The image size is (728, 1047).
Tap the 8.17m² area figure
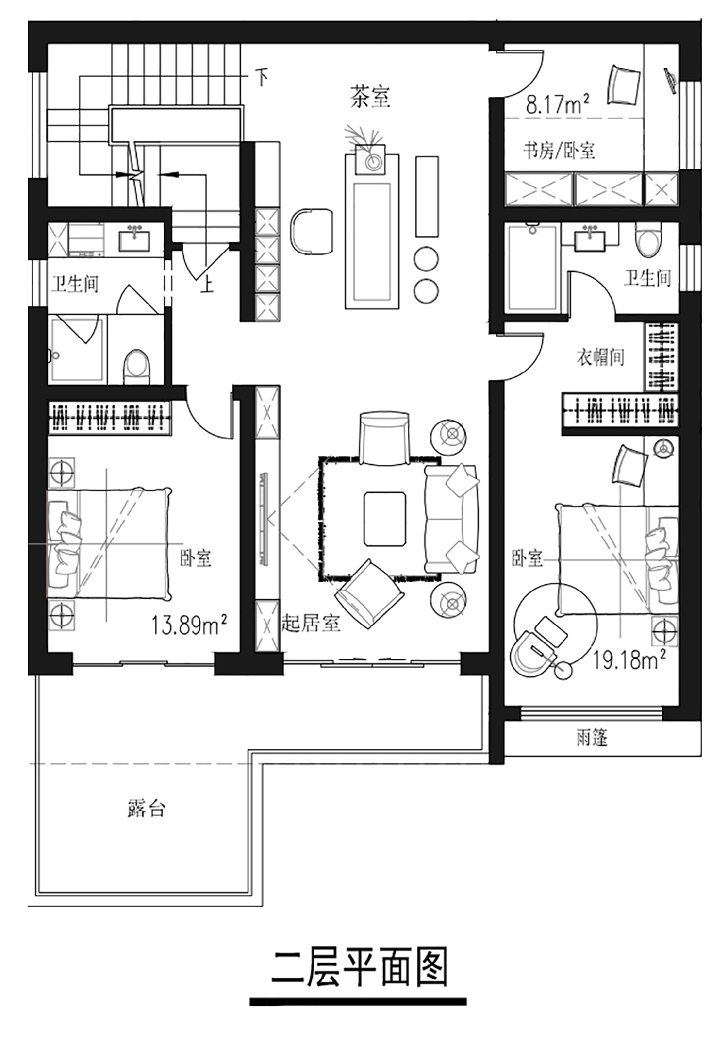click(x=558, y=104)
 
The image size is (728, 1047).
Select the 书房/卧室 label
click(x=559, y=151)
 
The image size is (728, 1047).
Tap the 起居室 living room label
click(x=311, y=623)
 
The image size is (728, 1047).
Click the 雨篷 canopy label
click(x=592, y=738)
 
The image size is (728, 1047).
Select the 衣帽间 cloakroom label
click(x=600, y=357)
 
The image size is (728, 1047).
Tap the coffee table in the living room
click(x=385, y=519)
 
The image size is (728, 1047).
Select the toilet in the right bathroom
click(x=648, y=240)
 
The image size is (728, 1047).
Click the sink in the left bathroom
click(x=134, y=239)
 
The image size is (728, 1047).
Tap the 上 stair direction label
click(x=207, y=285)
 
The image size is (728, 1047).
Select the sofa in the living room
click(x=451, y=519)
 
